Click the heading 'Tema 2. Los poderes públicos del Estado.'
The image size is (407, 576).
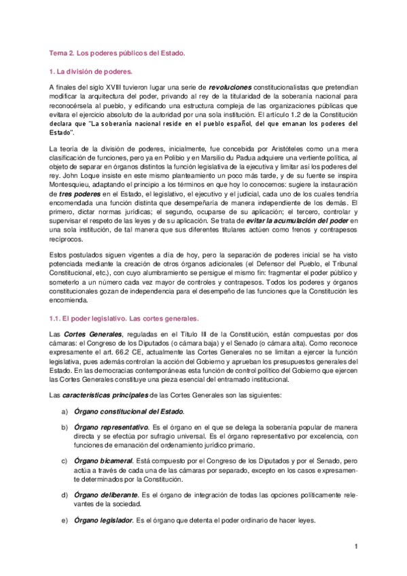point(117,52)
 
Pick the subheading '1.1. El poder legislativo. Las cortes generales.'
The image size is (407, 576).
point(123,317)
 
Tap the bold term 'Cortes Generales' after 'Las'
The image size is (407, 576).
point(93,334)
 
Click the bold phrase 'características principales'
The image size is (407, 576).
point(104,395)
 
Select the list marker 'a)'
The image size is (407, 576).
point(64,411)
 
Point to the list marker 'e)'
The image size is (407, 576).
point(64,520)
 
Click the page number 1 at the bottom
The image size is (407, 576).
point(356,546)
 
